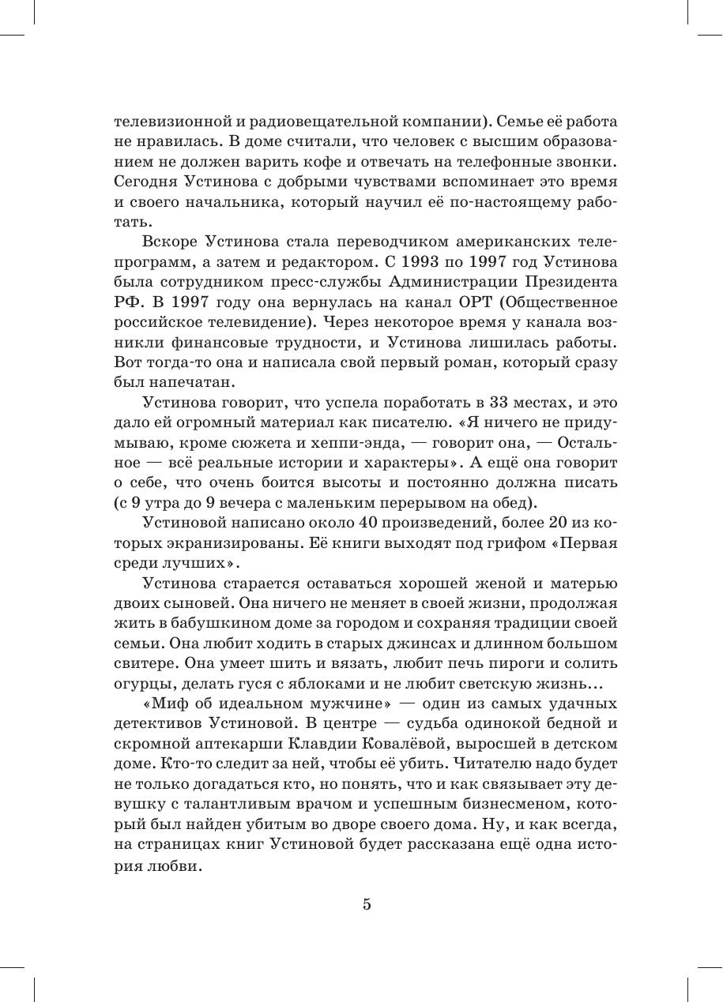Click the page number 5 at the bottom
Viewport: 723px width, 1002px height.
click(x=367, y=905)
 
